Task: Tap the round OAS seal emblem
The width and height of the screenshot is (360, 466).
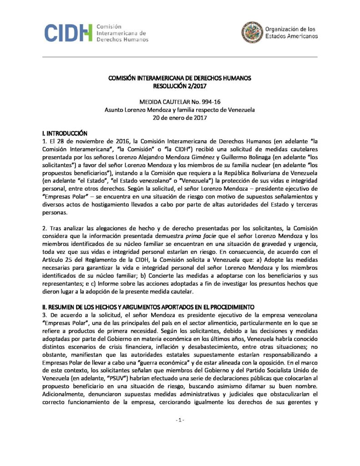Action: [x=251, y=32]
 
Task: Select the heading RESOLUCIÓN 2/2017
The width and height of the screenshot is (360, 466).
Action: [x=180, y=85]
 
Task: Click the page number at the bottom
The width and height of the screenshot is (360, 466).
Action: [x=180, y=433]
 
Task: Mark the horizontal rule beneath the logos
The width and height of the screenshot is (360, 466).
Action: [x=180, y=57]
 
